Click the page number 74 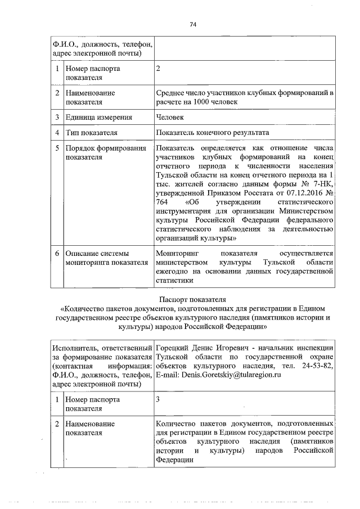(192, 24)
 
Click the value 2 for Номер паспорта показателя (158, 68)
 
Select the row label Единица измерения (99, 118)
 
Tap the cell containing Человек (170, 118)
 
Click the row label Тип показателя (91, 133)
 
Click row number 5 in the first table (57, 148)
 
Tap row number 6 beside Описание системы (57, 254)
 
